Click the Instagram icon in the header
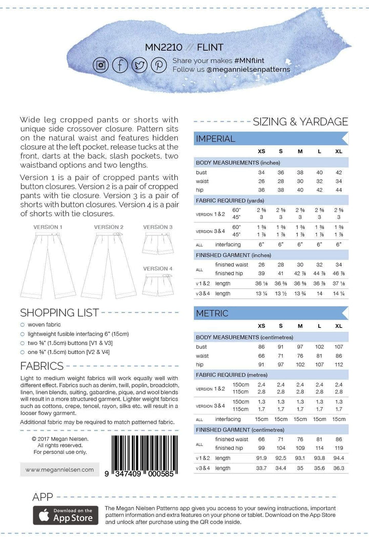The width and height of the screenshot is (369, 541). tap(101, 65)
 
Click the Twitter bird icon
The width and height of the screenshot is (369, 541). tap(139, 65)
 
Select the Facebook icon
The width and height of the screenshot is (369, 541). tap(120, 65)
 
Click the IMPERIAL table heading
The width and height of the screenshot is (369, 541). tap(216, 138)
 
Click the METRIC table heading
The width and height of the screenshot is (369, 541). tap(212, 313)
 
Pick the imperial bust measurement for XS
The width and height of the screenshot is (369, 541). tap(261, 173)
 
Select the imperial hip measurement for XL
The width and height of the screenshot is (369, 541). tap(338, 190)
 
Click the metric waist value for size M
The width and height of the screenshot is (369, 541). tap(300, 356)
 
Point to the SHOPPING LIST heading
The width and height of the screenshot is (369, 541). tap(59, 313)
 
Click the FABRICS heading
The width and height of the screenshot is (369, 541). tap(42, 366)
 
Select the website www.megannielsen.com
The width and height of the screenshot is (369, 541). tap(59, 469)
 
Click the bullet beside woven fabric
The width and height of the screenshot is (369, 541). tap(22, 325)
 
